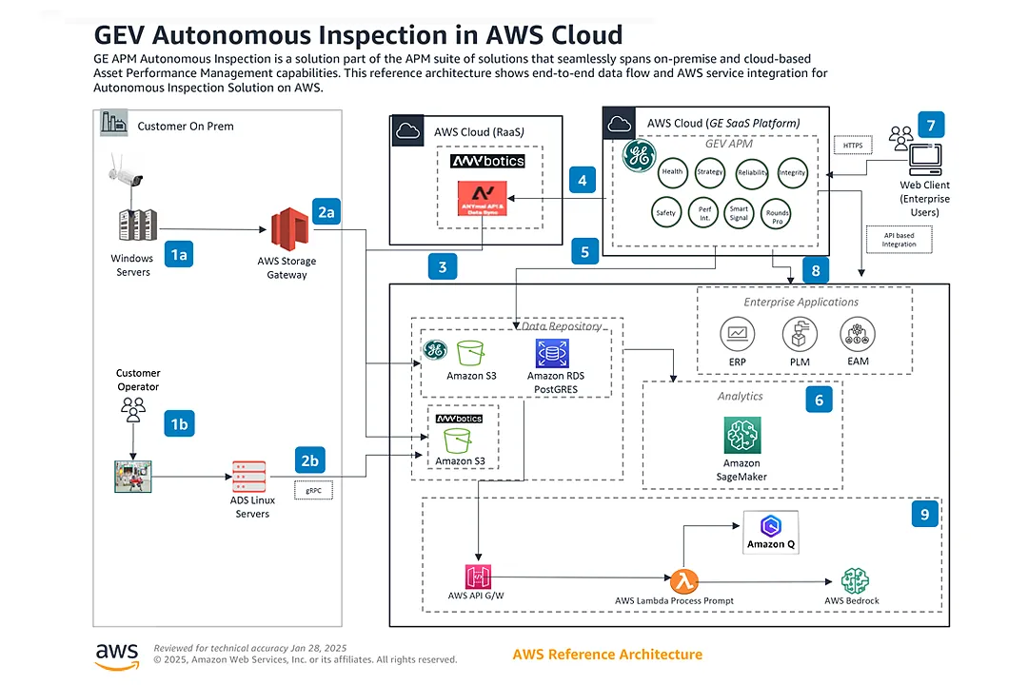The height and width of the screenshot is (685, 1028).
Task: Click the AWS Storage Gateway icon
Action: (x=290, y=231)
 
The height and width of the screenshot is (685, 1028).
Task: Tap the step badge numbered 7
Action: (x=931, y=125)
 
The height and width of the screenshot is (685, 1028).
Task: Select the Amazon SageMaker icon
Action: (x=741, y=437)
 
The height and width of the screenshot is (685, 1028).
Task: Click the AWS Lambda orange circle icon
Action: (x=683, y=579)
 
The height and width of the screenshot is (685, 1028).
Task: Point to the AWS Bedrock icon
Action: (x=855, y=580)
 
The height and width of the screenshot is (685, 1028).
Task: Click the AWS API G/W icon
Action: (x=476, y=577)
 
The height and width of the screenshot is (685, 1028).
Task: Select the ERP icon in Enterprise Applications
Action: (x=737, y=334)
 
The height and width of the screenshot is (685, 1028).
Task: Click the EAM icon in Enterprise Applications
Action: (x=858, y=334)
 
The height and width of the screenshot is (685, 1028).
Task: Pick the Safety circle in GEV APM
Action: (x=666, y=212)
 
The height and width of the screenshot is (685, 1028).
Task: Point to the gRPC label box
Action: (x=313, y=491)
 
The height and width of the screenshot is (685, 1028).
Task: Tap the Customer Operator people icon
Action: (x=133, y=409)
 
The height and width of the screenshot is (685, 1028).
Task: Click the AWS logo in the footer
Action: (x=117, y=656)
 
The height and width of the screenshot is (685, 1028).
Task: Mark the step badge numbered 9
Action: (x=922, y=514)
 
